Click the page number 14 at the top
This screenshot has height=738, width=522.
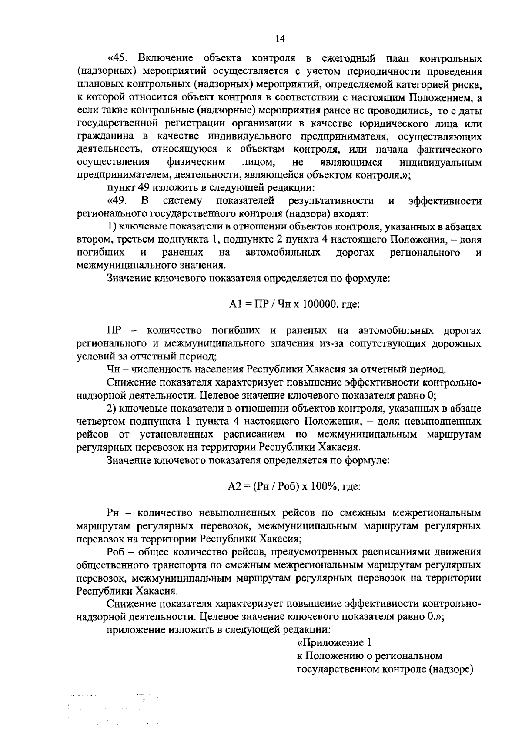pyautogui.click(x=280, y=39)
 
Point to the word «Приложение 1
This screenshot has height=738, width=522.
pyautogui.click(x=335, y=642)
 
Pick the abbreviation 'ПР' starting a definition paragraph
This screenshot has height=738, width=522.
pyautogui.click(x=114, y=331)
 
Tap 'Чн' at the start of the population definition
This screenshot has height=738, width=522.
pyautogui.click(x=114, y=370)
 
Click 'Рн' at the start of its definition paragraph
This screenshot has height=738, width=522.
pyautogui.click(x=113, y=513)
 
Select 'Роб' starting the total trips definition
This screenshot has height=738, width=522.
pyautogui.click(x=115, y=552)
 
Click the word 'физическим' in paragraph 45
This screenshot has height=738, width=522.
pyautogui.click(x=196, y=163)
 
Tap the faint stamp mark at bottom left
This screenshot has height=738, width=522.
pyautogui.click(x=113, y=709)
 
